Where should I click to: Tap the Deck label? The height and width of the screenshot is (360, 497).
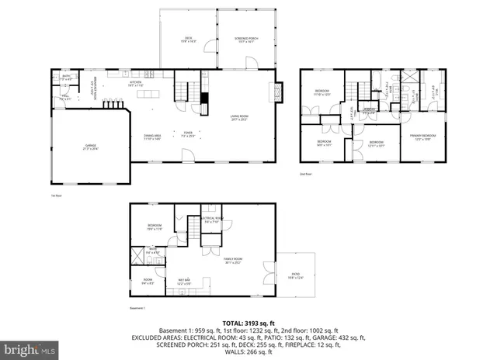[x=188, y=39]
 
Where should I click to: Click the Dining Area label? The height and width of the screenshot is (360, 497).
[x=152, y=136]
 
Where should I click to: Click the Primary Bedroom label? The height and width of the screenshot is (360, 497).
[x=423, y=136]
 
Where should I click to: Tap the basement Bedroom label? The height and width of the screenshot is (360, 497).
[x=154, y=227]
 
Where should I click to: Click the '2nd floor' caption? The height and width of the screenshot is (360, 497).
[x=305, y=175]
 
